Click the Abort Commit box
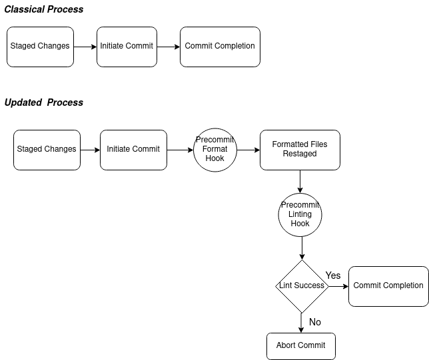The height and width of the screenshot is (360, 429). [301, 346]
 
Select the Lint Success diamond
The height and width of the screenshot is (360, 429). [302, 286]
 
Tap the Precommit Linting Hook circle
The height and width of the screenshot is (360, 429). [300, 215]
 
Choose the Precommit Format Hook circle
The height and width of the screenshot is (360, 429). [215, 150]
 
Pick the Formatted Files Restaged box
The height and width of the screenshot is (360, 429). [300, 150]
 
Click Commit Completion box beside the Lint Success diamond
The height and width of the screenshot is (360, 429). [388, 286]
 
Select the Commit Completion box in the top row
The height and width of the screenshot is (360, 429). [220, 47]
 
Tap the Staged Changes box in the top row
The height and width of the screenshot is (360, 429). [40, 47]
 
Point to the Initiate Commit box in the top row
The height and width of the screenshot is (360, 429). [127, 47]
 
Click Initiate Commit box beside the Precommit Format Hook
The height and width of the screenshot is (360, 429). [133, 150]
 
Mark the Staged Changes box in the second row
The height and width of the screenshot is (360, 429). [47, 150]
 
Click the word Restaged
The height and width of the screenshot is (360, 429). [300, 154]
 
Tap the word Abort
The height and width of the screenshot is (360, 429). [286, 345]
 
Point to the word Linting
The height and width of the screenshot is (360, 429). [300, 214]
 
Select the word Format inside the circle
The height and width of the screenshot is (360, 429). [215, 149]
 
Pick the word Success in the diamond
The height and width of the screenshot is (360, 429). [309, 286]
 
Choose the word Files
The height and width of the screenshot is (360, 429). [318, 144]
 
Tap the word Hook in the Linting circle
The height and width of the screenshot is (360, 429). [300, 224]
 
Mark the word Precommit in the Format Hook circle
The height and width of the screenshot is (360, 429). [215, 140]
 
